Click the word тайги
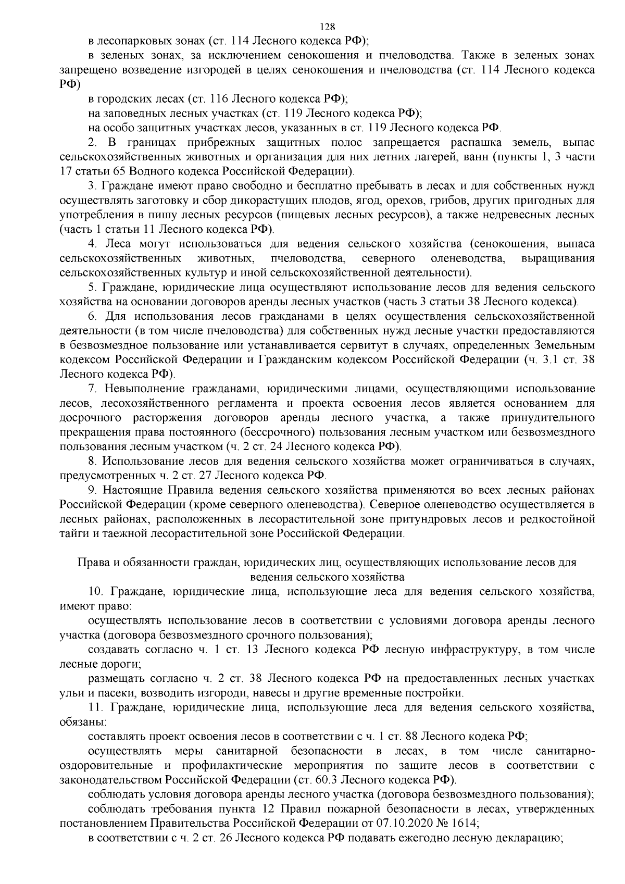coord(74,533)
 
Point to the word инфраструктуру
coord(471,650)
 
